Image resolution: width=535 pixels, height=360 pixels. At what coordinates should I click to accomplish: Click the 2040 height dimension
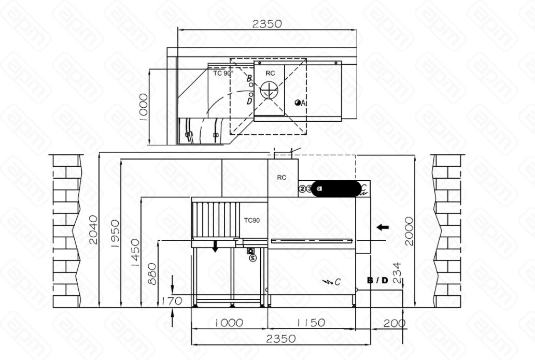93,230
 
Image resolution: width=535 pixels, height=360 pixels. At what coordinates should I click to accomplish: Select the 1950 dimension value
115,234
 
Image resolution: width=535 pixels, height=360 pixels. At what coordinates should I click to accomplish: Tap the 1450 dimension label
135,253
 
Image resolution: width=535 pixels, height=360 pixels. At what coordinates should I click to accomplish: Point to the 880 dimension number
152,273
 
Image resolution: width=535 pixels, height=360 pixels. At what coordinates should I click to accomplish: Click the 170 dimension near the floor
172,301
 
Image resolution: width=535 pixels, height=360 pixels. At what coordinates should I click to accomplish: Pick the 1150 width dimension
311,323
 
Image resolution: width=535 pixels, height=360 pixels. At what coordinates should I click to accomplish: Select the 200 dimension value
395,323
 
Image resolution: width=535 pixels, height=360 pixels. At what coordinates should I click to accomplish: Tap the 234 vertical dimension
396,273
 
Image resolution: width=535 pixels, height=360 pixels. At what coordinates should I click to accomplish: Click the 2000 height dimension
409,231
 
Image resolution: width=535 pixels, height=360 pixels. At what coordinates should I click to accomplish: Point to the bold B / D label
377,281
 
